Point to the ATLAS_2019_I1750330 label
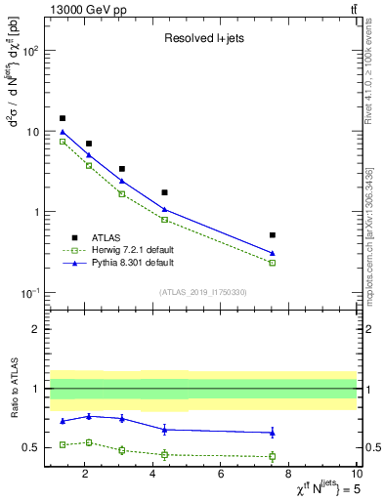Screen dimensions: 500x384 point(203,291)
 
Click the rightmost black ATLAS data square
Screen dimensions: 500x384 point(273,235)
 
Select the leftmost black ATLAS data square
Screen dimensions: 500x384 point(63,118)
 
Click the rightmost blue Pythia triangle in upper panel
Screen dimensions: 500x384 point(273,253)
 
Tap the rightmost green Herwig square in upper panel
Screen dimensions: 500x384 point(273,263)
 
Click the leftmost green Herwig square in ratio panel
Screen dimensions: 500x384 point(63,444)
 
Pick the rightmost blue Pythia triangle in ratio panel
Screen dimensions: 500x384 point(273,432)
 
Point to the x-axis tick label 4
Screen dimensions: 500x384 point(152,475)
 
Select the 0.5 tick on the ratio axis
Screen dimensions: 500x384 point(32,448)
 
